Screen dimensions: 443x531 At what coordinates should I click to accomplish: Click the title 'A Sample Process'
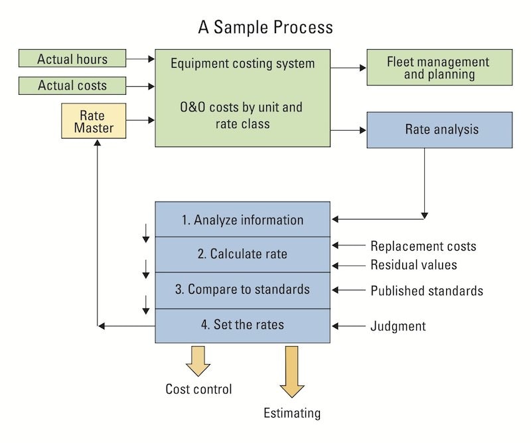coord(265,28)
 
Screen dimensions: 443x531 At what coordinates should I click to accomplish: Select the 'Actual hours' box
coord(72,58)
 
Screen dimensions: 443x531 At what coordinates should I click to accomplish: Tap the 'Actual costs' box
coord(72,86)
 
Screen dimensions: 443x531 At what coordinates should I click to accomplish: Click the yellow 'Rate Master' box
coord(94,121)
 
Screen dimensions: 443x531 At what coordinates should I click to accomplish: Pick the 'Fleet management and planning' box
coord(439,67)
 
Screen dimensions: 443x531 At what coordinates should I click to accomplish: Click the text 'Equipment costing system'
coord(242,64)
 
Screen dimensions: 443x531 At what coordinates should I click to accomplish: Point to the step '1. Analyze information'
coord(242,220)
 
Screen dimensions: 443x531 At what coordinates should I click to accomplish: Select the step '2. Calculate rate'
coord(242,254)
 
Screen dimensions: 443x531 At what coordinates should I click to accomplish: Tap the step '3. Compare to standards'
coord(242,290)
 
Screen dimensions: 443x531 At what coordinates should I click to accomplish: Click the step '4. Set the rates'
coord(242,326)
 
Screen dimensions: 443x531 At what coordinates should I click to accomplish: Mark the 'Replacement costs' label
coord(423,246)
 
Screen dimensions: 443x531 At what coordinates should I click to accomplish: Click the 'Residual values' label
coord(414,265)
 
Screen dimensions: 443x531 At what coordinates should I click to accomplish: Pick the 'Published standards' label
coord(426,290)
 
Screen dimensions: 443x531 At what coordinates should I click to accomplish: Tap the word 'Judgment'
coord(398,326)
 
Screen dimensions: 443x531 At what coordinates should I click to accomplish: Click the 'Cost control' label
coord(198,389)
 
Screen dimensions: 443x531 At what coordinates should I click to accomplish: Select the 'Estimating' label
coord(291,413)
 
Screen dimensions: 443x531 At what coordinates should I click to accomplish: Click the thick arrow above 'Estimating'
coord(291,371)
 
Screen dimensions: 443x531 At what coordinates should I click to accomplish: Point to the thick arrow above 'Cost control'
coord(198,359)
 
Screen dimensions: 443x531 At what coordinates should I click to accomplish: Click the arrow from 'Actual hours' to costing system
coord(139,58)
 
